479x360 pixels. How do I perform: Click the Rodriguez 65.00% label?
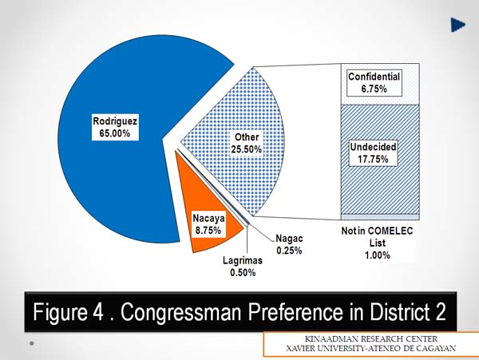pyautogui.click(x=115, y=128)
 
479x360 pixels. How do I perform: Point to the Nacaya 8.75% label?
pyautogui.click(x=208, y=224)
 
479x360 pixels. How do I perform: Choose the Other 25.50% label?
pyautogui.click(x=246, y=143)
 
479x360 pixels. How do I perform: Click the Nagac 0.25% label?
pyautogui.click(x=289, y=244)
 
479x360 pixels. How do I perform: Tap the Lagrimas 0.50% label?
pyautogui.click(x=243, y=267)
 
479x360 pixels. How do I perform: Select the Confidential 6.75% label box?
pyautogui.click(x=374, y=83)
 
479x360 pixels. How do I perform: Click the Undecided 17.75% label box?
pyautogui.click(x=373, y=153)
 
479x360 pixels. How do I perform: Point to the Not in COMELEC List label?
pyautogui.click(x=378, y=243)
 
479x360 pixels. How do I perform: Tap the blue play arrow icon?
pyautogui.click(x=457, y=25)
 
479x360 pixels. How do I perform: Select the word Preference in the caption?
pyautogui.click(x=295, y=312)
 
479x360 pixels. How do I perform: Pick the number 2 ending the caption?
pyautogui.click(x=440, y=312)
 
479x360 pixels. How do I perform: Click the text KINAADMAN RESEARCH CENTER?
pyautogui.click(x=371, y=339)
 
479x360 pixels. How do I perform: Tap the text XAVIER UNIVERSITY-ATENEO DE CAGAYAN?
pyautogui.click(x=370, y=348)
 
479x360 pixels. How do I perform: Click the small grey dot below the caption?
pyautogui.click(x=31, y=343)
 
